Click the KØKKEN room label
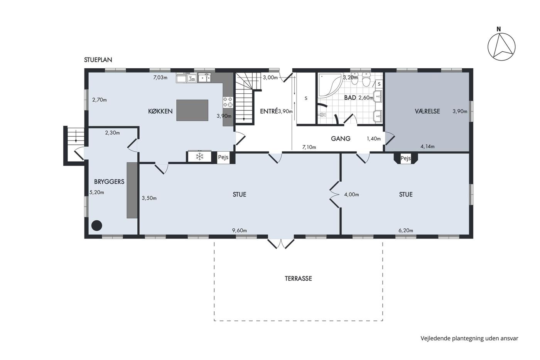pyautogui.click(x=160, y=111)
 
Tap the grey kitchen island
pyautogui.click(x=192, y=110)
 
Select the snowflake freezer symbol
pyautogui.click(x=199, y=156)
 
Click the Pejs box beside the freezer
pyautogui.click(x=223, y=157)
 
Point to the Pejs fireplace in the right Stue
pyautogui.click(x=406, y=159)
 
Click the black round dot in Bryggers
pyautogui.click(x=97, y=225)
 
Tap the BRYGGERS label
pyautogui.click(x=109, y=182)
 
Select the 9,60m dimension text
pyautogui.click(x=240, y=230)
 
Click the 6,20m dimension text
pyautogui.click(x=406, y=230)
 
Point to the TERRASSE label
pyautogui.click(x=298, y=279)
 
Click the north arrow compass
pyautogui.click(x=501, y=47)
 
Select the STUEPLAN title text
pyautogui.click(x=98, y=60)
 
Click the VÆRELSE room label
pyautogui.click(x=427, y=111)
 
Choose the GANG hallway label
pyautogui.click(x=340, y=139)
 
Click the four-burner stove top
pyautogui.click(x=228, y=102)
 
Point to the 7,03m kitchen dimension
pyautogui.click(x=160, y=78)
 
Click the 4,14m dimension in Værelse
pyautogui.click(x=427, y=146)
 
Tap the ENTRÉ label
pyautogui.click(x=269, y=111)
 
